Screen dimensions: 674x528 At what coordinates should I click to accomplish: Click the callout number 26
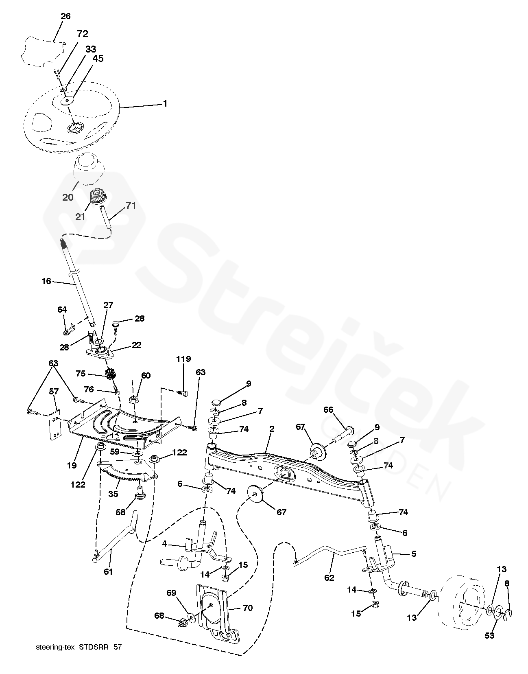click(x=65, y=16)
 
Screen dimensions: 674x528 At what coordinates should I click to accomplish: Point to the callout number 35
click(x=113, y=494)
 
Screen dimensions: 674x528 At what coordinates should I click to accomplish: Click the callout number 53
click(x=489, y=635)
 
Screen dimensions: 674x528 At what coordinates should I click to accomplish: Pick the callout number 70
click(x=247, y=608)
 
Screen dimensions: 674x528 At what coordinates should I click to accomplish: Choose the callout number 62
click(x=329, y=577)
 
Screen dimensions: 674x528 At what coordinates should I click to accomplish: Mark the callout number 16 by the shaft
click(x=46, y=281)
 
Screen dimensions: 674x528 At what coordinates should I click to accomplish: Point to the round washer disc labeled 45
click(x=68, y=100)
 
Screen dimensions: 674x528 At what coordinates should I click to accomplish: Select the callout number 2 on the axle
click(x=271, y=429)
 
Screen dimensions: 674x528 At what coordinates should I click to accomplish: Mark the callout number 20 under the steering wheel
click(x=68, y=197)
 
